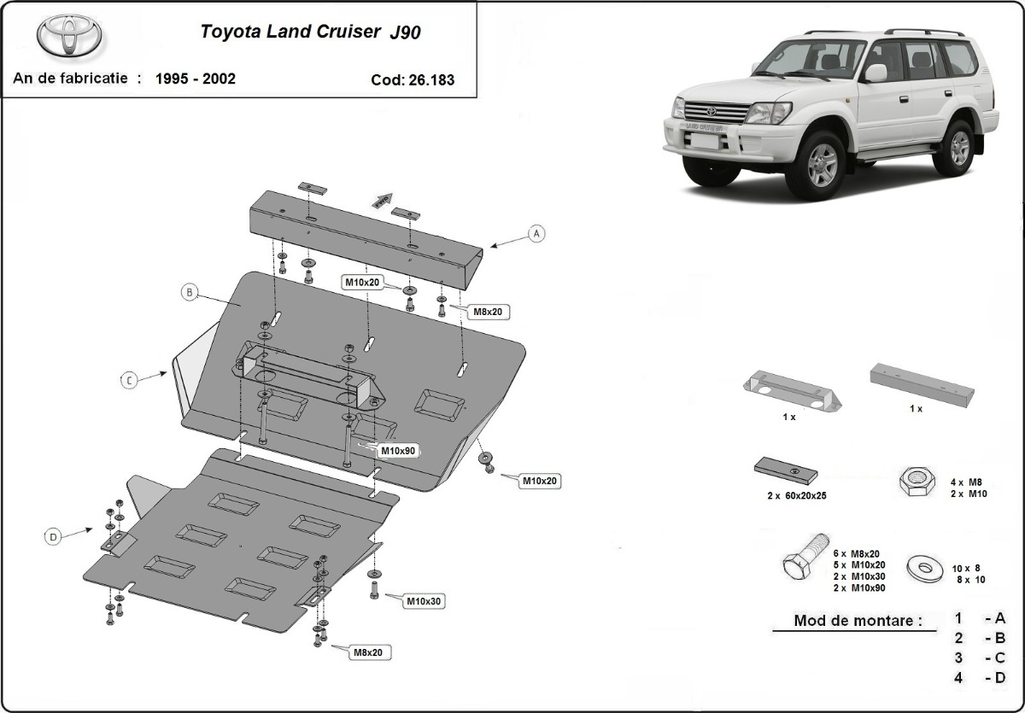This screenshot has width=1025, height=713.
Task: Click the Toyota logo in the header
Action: (x=69, y=36)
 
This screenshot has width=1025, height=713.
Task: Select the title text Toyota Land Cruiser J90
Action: (x=310, y=32)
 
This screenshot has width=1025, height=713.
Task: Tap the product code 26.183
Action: (x=413, y=80)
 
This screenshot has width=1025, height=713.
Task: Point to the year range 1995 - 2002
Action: (x=196, y=79)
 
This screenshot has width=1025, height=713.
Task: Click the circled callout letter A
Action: (x=536, y=233)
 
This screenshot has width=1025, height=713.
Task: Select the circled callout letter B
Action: (x=189, y=293)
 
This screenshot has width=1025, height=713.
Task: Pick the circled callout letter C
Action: (x=128, y=381)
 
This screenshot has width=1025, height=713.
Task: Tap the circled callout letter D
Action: (x=53, y=536)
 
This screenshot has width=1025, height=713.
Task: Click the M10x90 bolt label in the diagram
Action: (x=397, y=450)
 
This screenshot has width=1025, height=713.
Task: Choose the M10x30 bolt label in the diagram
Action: (x=424, y=601)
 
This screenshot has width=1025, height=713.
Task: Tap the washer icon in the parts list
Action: (x=922, y=564)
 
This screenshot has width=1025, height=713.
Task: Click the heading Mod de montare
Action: (x=858, y=621)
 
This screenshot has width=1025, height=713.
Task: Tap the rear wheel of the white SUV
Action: (x=958, y=147)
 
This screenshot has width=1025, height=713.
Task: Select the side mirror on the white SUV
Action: (x=876, y=73)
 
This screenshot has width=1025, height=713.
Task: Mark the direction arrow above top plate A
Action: (x=381, y=199)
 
